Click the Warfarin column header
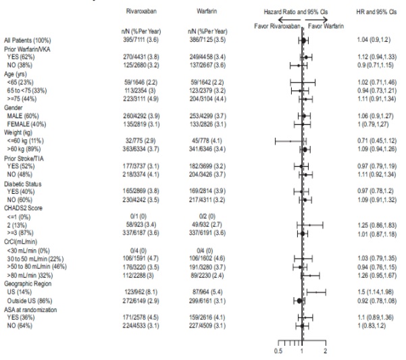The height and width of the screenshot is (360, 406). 207,13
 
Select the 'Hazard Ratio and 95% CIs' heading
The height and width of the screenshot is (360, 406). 295,13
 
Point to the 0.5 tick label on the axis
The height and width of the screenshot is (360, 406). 278,351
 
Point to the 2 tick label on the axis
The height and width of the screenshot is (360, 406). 326,351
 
